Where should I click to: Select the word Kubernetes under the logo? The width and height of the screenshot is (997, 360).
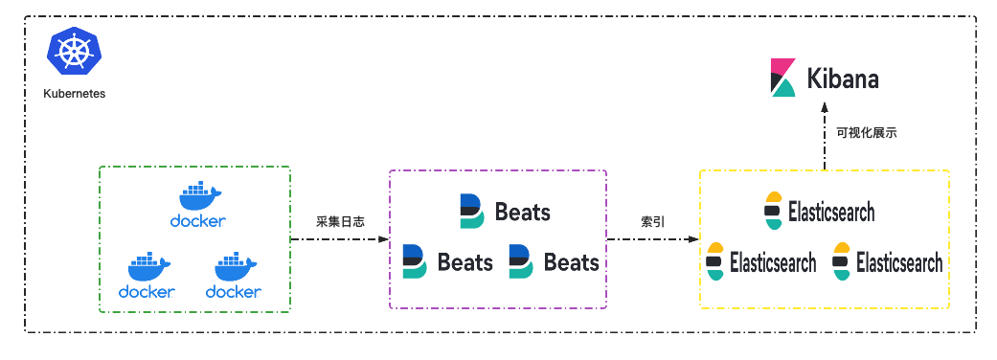point(75,95)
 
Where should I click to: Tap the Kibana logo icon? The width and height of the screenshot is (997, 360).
point(783,79)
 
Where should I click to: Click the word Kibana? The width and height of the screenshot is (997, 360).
point(842,79)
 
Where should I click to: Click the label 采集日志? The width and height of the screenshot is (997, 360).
point(338,221)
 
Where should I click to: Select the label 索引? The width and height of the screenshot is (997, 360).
point(653,221)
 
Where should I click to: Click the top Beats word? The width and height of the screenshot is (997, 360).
point(523,212)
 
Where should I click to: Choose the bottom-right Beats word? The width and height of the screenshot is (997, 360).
point(572,261)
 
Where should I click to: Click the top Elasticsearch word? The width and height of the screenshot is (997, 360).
point(831,212)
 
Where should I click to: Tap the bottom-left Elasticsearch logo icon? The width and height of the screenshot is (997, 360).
point(714,261)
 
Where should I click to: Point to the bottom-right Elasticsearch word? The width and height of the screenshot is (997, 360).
point(899,261)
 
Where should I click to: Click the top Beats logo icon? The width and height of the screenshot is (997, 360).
point(472,211)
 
